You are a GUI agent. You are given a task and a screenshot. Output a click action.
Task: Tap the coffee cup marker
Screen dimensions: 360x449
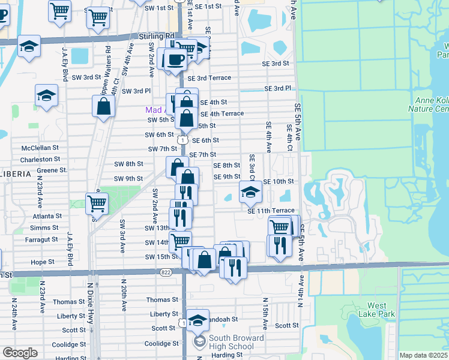coord(175,59)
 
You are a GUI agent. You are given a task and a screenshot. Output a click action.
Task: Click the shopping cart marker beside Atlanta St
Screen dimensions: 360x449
coord(97,204)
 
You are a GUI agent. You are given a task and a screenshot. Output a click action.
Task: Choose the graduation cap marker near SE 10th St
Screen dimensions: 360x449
coord(251,192)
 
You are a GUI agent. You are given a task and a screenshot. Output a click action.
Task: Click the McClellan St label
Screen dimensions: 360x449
coord(40,147)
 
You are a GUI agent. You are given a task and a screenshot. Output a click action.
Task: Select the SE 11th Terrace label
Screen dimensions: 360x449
coord(271,211)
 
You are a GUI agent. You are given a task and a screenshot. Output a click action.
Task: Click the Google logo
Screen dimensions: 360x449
coord(19,353)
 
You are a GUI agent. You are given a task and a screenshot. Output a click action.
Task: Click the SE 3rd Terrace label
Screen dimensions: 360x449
coord(209,78)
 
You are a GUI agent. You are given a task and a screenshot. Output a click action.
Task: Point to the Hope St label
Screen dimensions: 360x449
coord(43,262)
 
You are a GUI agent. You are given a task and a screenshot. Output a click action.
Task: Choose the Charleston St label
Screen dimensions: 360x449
coord(40,160)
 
